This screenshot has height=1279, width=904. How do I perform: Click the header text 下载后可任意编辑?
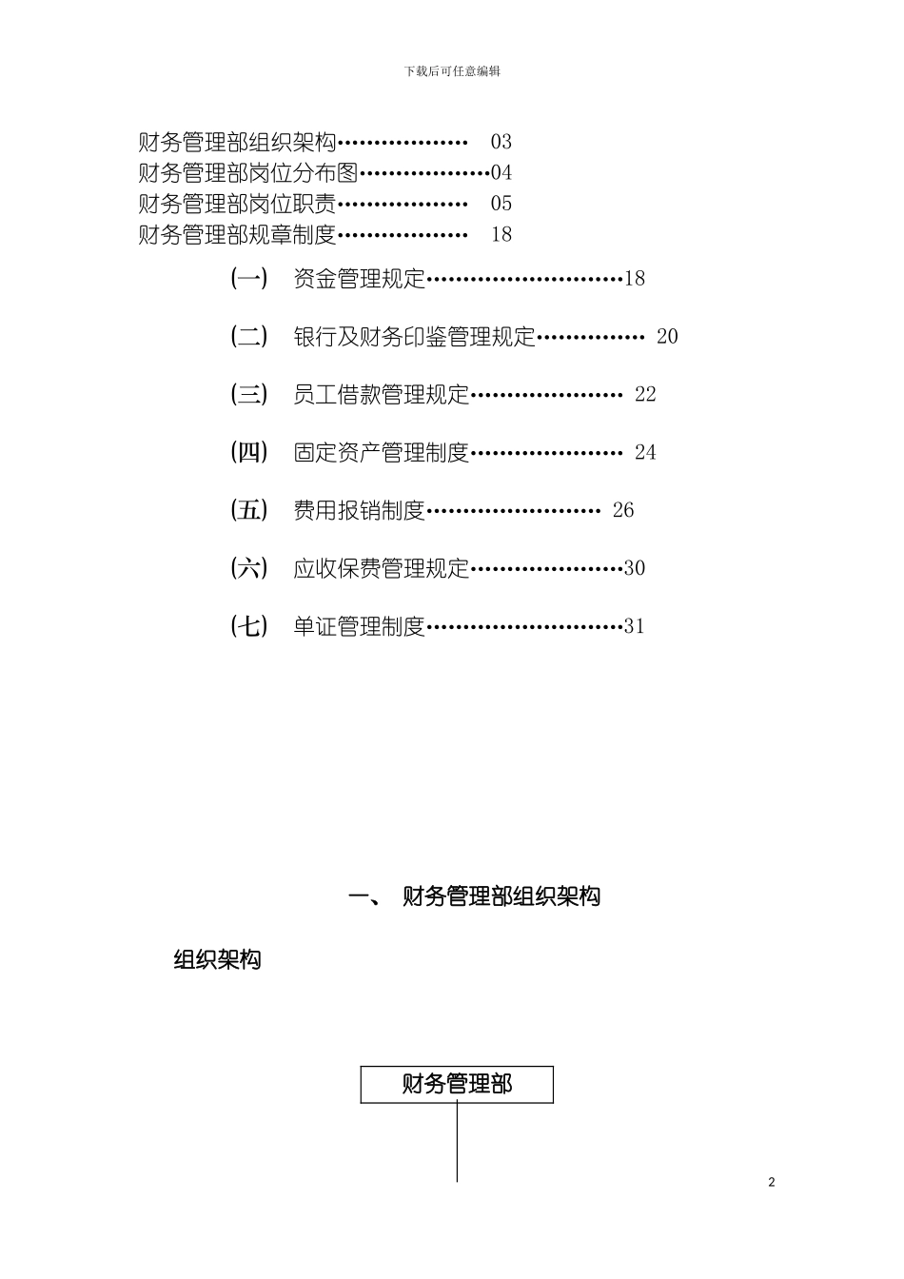(452, 71)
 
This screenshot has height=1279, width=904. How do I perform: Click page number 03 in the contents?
(501, 143)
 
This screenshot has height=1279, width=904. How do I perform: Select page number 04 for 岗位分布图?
(501, 173)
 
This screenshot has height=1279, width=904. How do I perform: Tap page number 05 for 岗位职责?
(501, 204)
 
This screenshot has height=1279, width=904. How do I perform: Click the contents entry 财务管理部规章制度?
(238, 234)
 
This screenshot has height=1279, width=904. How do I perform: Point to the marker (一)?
(249, 279)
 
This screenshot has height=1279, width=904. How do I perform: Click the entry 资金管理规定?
(360, 279)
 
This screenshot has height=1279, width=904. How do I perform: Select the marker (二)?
(249, 337)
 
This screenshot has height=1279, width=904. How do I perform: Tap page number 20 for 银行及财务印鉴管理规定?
(667, 337)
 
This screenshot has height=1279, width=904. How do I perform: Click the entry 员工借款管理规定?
(382, 395)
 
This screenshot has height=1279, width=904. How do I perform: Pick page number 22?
(645, 395)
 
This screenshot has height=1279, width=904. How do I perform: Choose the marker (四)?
(249, 453)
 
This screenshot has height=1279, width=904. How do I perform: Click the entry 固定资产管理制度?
(382, 453)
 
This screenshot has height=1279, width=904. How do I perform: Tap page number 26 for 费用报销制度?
(623, 511)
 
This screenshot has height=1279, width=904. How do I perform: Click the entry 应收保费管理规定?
(382, 569)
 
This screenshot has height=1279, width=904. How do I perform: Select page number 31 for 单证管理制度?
(635, 626)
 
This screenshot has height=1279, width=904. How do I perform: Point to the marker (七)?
(249, 626)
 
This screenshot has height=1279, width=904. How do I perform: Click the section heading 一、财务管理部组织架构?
(475, 896)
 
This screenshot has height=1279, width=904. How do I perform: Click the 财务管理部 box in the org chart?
(457, 1085)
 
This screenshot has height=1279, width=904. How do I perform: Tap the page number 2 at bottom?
(772, 1183)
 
